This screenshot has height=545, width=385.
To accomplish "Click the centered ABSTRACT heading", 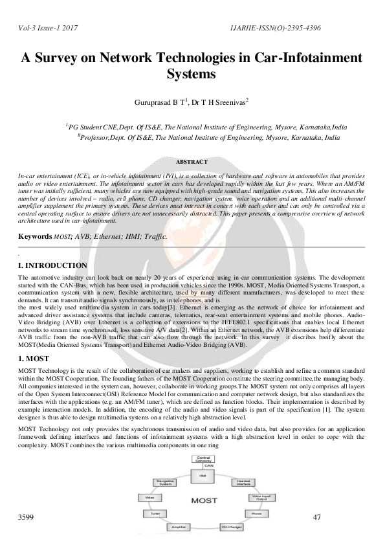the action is tap(192, 161).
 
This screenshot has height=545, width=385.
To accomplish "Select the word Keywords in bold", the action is tap(34, 237).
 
